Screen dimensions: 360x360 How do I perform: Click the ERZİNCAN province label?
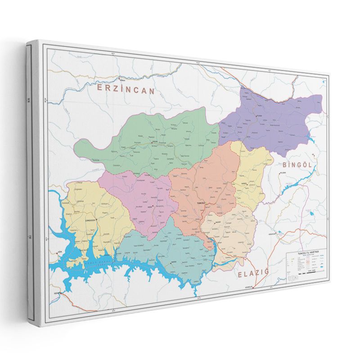click(126, 89)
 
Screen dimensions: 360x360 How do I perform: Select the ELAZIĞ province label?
click(252, 273)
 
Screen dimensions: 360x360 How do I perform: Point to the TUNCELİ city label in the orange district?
click(201, 203)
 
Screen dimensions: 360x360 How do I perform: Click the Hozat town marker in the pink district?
click(153, 206)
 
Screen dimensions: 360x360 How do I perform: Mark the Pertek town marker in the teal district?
click(173, 261)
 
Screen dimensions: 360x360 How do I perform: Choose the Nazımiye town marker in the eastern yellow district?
click(245, 184)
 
